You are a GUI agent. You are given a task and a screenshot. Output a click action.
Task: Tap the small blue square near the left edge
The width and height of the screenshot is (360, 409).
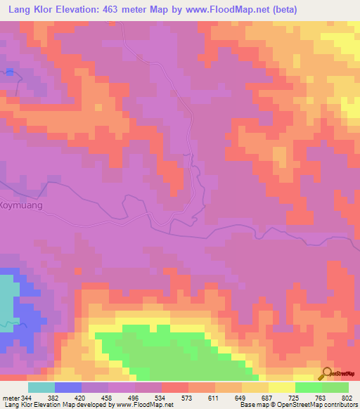pyautogui.click(x=10, y=72)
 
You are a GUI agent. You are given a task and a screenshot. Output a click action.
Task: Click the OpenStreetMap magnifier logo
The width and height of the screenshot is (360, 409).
pyautogui.click(x=326, y=374)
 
